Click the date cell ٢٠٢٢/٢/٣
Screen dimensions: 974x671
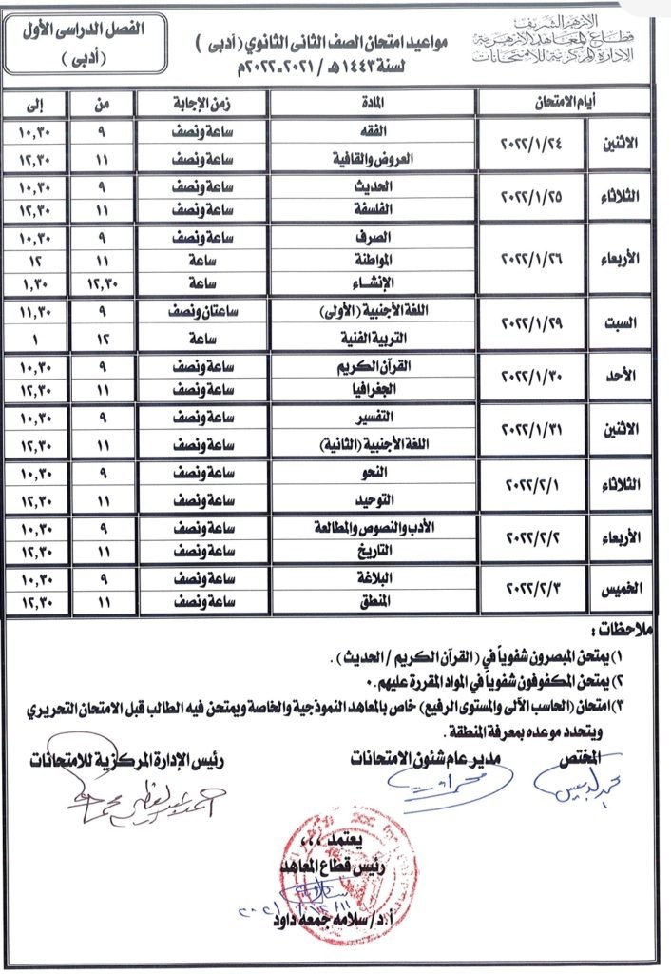pyautogui.click(x=538, y=589)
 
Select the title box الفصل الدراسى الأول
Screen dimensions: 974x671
pyautogui.click(x=82, y=43)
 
